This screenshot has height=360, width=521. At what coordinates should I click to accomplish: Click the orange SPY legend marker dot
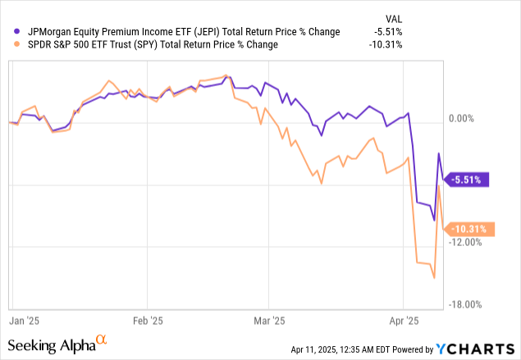tap(10, 44)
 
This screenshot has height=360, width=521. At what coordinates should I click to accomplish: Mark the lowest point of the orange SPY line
tap(433, 277)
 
